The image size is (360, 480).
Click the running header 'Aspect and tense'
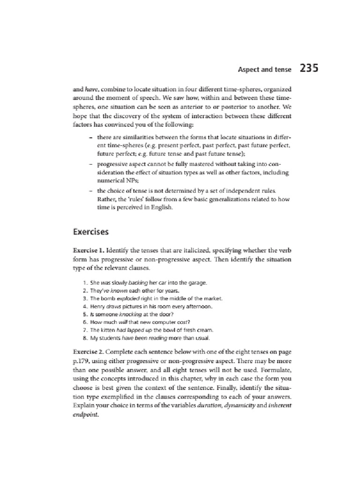264,70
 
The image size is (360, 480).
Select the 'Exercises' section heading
90,232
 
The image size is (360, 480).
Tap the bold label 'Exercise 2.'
91,350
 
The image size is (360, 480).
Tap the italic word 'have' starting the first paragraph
90,88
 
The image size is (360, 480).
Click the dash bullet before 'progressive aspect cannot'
90,165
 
